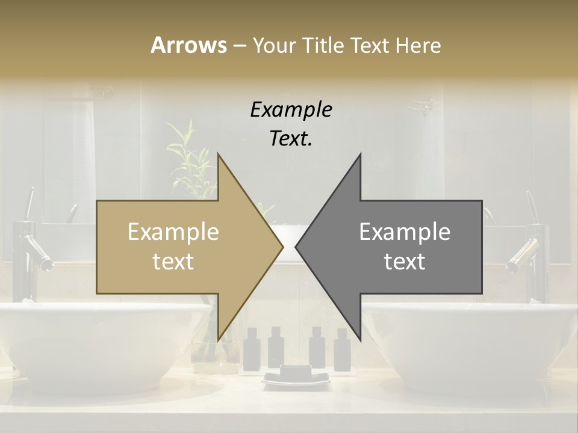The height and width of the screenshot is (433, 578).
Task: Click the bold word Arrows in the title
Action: [188, 45]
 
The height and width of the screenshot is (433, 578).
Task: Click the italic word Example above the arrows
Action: [291, 109]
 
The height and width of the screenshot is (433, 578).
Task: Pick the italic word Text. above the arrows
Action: [291, 138]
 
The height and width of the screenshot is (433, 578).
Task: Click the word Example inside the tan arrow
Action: [173, 232]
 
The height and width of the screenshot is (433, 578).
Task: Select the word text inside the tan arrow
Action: [173, 262]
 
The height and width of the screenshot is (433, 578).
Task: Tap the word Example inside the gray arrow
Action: [405, 232]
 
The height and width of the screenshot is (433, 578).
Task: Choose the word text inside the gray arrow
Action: [405, 262]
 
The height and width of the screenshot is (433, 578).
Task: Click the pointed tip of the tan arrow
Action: [282, 247]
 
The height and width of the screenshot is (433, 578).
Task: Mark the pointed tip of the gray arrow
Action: [297, 247]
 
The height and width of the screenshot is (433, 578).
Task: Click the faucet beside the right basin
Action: [530, 253]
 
